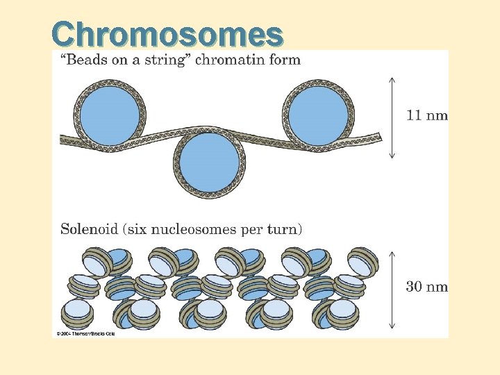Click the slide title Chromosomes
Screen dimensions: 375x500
(x=167, y=33)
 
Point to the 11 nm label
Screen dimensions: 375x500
(x=426, y=115)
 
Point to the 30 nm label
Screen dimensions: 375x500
(x=426, y=286)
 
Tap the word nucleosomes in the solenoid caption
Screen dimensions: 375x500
(x=206, y=228)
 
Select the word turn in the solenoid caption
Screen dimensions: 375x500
(x=286, y=228)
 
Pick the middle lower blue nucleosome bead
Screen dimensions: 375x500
(x=209, y=162)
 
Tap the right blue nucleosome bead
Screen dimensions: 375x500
(x=318, y=112)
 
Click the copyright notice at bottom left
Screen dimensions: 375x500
(x=85, y=333)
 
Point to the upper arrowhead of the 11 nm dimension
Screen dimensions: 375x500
(x=392, y=78)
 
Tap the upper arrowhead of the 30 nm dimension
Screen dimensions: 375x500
(x=392, y=251)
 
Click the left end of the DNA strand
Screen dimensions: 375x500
(x=63, y=140)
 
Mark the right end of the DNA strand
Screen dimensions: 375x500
(x=379, y=136)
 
